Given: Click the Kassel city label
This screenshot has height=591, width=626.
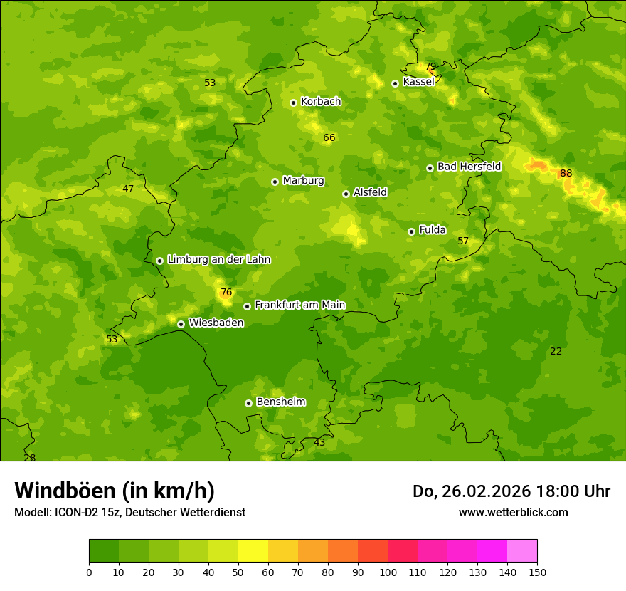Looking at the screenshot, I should click(x=418, y=82).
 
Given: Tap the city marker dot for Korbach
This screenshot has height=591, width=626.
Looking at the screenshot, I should click(x=293, y=103).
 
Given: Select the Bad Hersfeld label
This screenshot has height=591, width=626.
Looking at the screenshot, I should click(x=469, y=167).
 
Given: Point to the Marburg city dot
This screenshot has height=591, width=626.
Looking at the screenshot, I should click(x=275, y=182).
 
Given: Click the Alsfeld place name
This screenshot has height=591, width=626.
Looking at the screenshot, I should click(x=370, y=192).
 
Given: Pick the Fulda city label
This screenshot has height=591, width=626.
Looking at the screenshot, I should click(x=433, y=230).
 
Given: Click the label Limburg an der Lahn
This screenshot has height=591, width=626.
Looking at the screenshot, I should click(x=218, y=260).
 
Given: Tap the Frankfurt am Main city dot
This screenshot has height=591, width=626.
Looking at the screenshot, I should click(x=247, y=306).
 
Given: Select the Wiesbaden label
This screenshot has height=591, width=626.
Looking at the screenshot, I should click(x=216, y=323).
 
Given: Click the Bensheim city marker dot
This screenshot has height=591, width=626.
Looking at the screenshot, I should click(x=248, y=403).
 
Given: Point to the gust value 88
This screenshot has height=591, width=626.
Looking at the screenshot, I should click(x=566, y=173).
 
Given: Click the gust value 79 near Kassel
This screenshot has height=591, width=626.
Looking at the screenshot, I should click(x=430, y=67).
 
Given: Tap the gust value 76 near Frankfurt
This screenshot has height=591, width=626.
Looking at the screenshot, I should click(x=226, y=292).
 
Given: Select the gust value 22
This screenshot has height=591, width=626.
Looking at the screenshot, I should click(x=556, y=351).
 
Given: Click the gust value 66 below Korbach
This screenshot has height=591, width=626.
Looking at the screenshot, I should click(x=329, y=137).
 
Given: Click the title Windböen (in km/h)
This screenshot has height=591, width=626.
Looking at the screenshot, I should click(x=115, y=491).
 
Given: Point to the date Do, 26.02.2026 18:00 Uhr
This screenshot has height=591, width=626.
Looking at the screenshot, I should click(x=511, y=491).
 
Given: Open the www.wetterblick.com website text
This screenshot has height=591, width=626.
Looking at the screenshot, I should click(x=513, y=512).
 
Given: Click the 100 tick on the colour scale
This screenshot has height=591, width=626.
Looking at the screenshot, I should click(x=388, y=572).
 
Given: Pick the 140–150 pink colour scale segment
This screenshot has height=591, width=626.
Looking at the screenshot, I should click(x=522, y=551).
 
